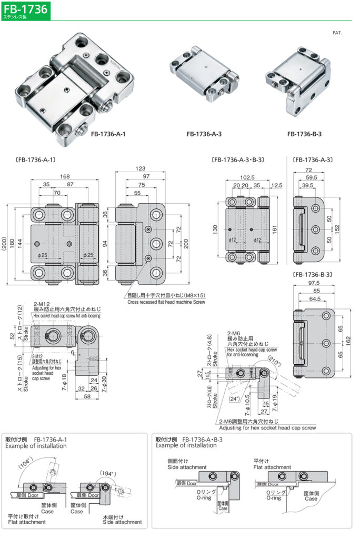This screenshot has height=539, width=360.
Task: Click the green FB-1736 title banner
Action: click(25, 9)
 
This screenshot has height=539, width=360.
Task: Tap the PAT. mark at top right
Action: click(337, 33)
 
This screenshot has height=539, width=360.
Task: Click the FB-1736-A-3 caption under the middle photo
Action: click(204, 134)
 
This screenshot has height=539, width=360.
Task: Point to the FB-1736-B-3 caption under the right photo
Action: click(304, 134)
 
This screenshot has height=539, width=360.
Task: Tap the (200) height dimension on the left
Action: click(5, 244)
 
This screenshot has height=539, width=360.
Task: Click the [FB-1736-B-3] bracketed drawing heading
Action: click(314, 275)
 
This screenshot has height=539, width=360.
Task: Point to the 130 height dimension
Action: click(216, 230)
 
